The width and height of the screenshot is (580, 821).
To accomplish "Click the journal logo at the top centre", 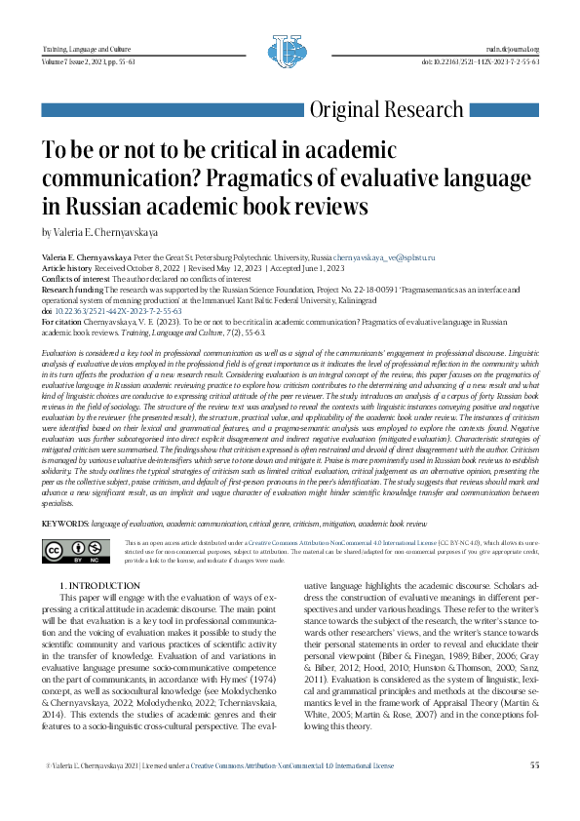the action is coord(290,51).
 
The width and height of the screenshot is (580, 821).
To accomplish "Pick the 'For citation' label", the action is coord(61,321).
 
